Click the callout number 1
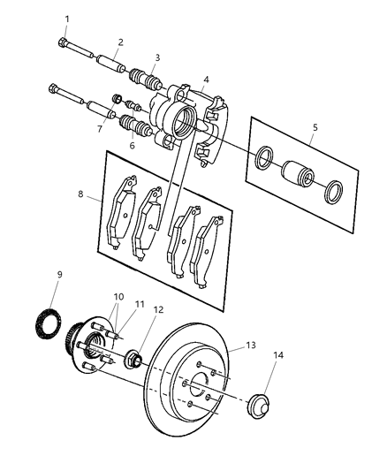pos(64,19)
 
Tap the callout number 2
pos(119,42)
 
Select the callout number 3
pos(157,58)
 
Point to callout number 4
pos(205,78)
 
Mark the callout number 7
pos(100,129)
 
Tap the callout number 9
pos(59,275)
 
